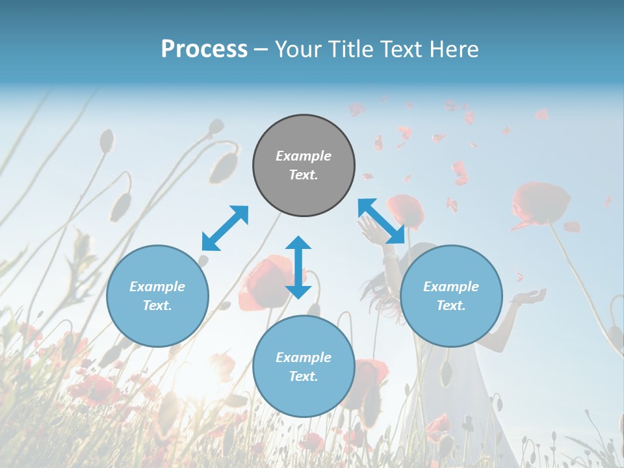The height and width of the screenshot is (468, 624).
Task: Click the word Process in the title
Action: point(204,49)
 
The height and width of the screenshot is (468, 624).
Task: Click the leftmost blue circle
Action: point(157,296)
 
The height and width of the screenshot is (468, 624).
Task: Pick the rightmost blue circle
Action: point(451,296)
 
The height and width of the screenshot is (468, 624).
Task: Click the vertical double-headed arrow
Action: point(298,267)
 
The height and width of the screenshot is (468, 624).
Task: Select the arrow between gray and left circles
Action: point(225,228)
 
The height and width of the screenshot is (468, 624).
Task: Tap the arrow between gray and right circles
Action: point(382,221)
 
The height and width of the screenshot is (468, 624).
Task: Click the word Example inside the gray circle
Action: point(304,156)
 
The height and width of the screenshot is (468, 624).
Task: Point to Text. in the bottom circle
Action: point(304,376)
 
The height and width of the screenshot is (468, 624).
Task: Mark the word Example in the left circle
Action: point(157,287)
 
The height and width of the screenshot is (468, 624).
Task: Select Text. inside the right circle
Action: point(451,305)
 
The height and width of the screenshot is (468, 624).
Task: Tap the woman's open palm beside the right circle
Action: point(530,298)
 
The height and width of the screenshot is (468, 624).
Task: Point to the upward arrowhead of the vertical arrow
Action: point(298,242)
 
